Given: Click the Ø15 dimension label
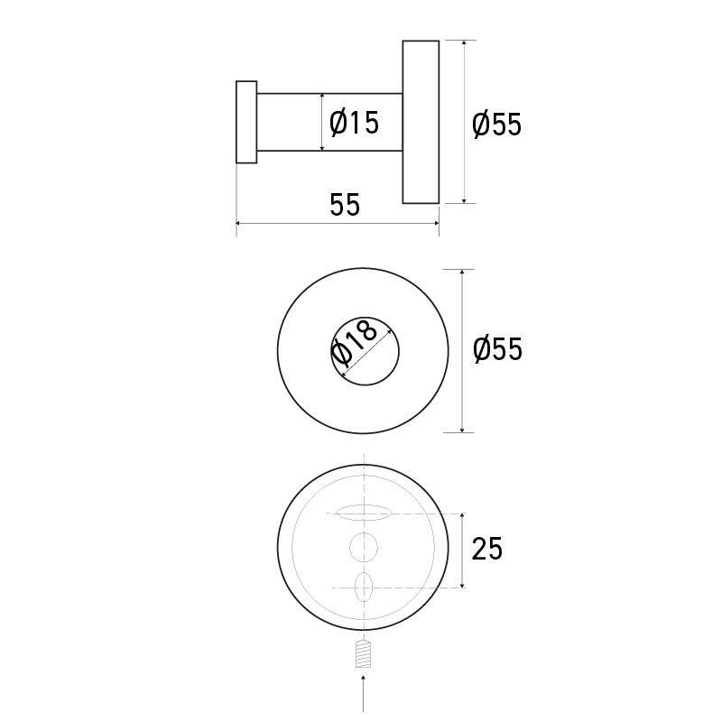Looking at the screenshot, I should [356, 122].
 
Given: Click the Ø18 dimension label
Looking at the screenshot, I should [354, 343].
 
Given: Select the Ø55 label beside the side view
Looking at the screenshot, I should [497, 124].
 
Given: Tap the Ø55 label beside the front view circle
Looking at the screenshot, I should [497, 348].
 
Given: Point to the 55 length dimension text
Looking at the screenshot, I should [344, 205].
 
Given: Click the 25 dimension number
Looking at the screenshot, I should [487, 549].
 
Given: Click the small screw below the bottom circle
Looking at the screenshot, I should [363, 653].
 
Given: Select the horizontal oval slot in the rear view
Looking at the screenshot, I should [364, 514].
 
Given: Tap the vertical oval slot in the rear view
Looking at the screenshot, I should [364, 586].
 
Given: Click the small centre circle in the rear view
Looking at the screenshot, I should [364, 547].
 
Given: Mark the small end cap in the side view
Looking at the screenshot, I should [246, 122].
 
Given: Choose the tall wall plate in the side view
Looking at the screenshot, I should [421, 122].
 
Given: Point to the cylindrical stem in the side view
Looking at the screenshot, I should [289, 122].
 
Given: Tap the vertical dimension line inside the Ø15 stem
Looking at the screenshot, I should [321, 122].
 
